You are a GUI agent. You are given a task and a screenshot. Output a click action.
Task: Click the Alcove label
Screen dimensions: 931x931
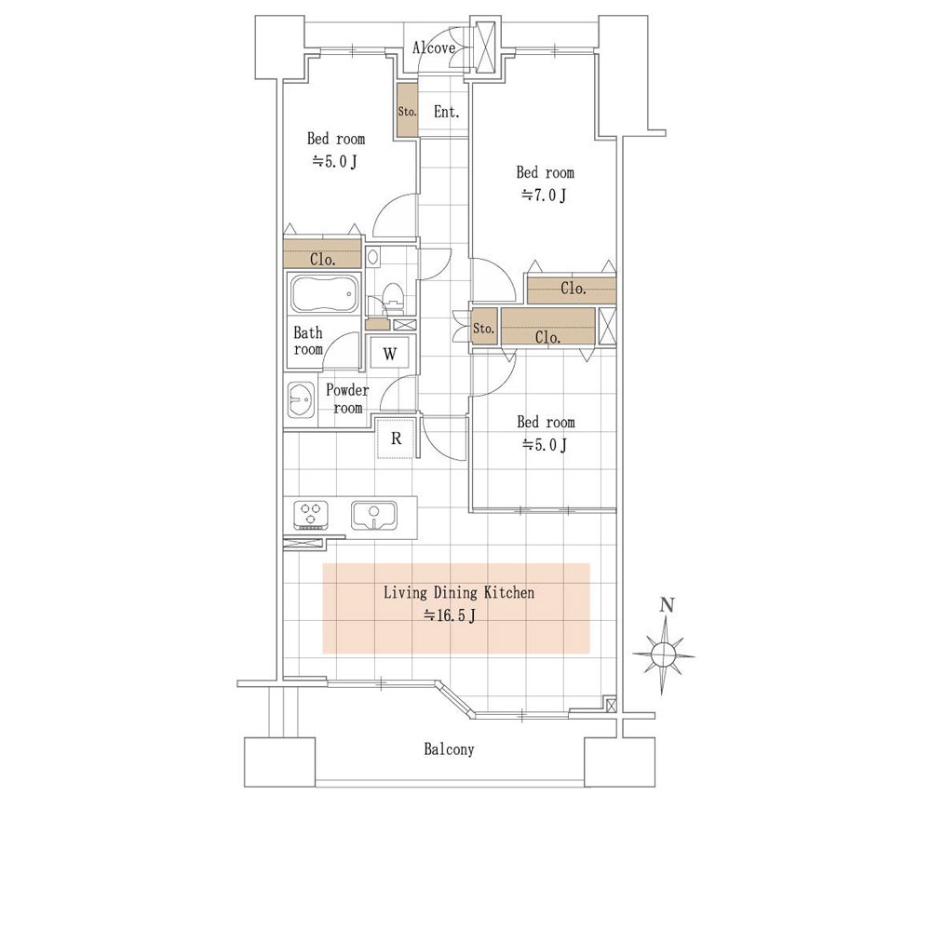(x=434, y=48)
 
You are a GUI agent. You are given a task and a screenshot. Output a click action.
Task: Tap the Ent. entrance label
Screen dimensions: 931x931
(x=447, y=112)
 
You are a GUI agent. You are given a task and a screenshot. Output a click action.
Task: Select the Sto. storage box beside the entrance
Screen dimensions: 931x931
(x=408, y=111)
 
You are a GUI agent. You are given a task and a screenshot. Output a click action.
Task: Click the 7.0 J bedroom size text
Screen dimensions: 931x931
(x=544, y=195)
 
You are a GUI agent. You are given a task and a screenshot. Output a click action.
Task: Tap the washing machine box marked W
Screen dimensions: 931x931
(x=390, y=353)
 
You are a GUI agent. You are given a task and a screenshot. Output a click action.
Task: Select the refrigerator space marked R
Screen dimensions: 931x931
(x=396, y=439)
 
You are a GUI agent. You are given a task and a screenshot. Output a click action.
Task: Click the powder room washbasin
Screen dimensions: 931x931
(x=301, y=399)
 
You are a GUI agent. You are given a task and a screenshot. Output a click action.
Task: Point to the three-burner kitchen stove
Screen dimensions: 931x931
(x=311, y=516)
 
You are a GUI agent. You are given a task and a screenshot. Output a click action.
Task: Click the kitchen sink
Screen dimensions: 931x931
(x=373, y=516)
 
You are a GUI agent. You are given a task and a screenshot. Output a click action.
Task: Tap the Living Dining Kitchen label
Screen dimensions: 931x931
(x=458, y=592)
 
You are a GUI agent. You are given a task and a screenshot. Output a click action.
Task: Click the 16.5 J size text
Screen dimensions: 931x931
(x=449, y=615)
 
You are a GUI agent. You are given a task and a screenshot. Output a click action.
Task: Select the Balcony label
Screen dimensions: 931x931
(x=449, y=749)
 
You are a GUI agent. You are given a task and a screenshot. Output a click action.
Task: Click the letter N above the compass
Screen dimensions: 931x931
(x=668, y=605)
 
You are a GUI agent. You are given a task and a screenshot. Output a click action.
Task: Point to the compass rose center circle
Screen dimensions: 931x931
(x=663, y=654)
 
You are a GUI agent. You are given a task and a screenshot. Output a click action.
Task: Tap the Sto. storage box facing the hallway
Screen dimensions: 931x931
(x=483, y=328)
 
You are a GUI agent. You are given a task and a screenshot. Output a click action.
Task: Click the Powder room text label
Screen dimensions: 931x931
(x=347, y=399)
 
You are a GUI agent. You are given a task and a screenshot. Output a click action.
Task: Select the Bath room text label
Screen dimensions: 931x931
(x=308, y=341)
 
